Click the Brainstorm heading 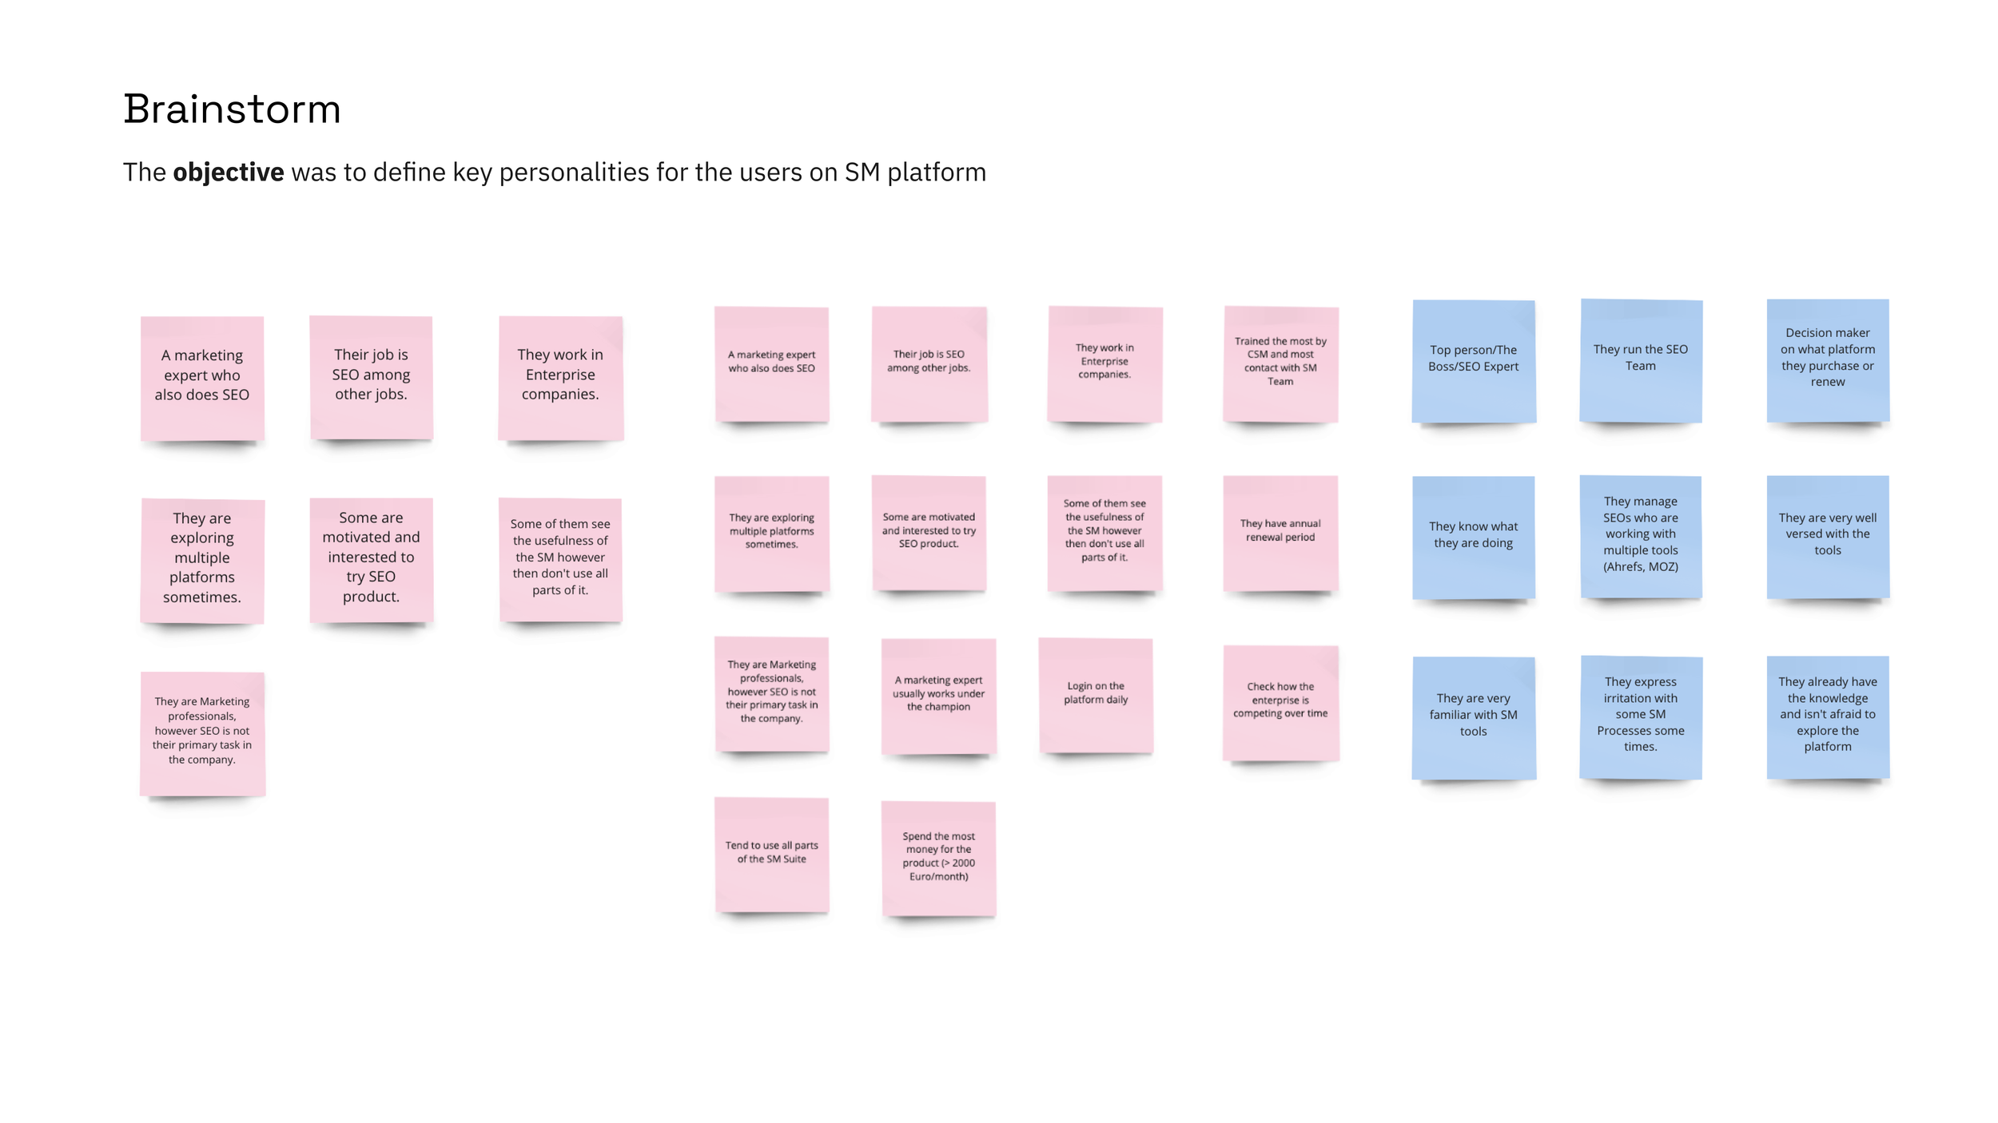[232, 109]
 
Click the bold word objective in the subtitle [228, 173]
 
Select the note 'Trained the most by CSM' [1280, 363]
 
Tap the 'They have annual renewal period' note [1280, 533]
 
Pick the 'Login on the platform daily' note [1096, 695]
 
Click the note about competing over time [1280, 701]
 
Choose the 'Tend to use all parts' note [771, 854]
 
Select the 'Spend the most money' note [938, 858]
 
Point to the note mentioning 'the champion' [938, 695]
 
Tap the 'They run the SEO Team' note [1640, 359]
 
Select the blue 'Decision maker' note [1828, 359]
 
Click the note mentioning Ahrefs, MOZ [1640, 536]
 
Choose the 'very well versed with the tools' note [1828, 536]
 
